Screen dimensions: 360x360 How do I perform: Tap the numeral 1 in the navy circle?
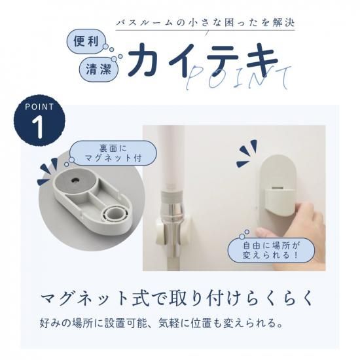click(x=38, y=126)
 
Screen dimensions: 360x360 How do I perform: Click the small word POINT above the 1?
click(x=38, y=107)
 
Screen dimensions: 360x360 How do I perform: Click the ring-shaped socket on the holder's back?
click(x=115, y=214)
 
